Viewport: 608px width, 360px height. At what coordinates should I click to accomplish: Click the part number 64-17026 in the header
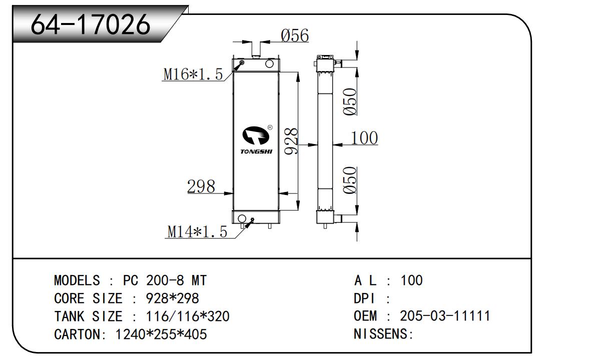pyautogui.click(x=91, y=24)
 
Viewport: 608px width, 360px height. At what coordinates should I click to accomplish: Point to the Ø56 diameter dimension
pyautogui.click(x=295, y=35)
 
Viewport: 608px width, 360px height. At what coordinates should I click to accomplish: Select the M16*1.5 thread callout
pyautogui.click(x=193, y=74)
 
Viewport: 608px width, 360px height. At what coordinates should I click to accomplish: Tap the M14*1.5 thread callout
pyautogui.click(x=197, y=231)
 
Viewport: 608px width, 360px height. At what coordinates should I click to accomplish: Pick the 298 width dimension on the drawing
pyautogui.click(x=201, y=186)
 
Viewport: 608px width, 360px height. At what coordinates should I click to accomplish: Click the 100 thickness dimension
pyautogui.click(x=364, y=137)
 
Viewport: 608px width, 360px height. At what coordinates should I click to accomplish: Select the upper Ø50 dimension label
pyautogui.click(x=350, y=101)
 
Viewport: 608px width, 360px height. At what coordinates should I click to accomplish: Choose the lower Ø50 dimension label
pyautogui.click(x=350, y=180)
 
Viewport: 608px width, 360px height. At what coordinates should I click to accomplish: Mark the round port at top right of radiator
pyautogui.click(x=269, y=63)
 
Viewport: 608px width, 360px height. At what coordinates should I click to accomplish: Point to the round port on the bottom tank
pyautogui.click(x=242, y=218)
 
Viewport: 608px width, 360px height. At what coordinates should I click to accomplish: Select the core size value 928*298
pyautogui.click(x=172, y=298)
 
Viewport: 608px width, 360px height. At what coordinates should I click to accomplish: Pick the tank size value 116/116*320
pyautogui.click(x=188, y=316)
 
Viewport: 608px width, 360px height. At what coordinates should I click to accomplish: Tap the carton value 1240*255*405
pyautogui.click(x=161, y=334)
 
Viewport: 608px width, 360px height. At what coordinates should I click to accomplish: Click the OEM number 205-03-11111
pyautogui.click(x=445, y=316)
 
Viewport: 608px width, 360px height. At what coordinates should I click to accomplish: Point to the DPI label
pyautogui.click(x=364, y=298)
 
